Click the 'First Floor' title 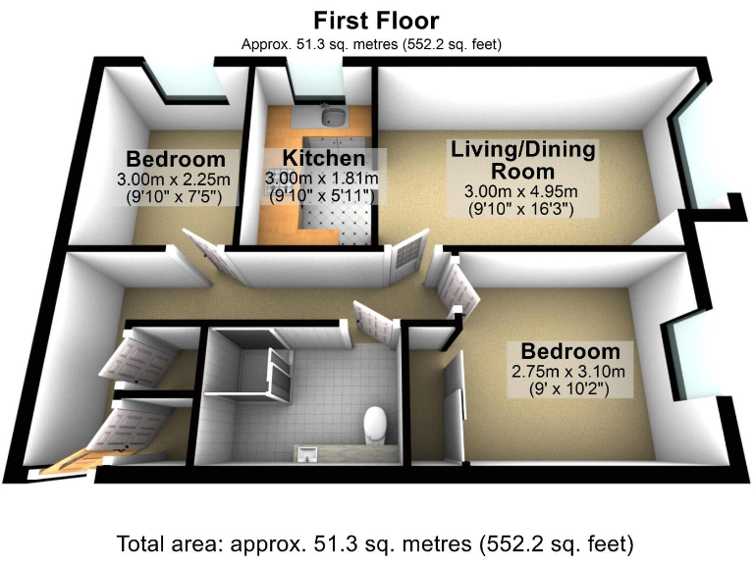tap(376, 20)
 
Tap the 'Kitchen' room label tap(324, 158)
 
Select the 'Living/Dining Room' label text tap(522, 160)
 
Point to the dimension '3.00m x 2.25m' tap(175, 180)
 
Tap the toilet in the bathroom tap(375, 425)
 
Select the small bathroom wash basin tap(309, 452)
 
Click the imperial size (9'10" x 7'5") tap(175, 197)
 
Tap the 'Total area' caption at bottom tap(376, 542)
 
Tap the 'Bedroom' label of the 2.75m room tap(569, 351)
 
